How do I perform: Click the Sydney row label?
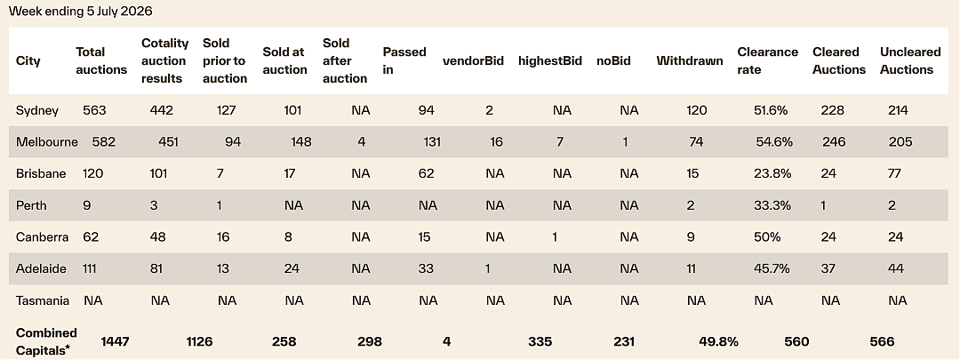tap(37, 111)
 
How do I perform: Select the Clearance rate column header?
tap(767, 60)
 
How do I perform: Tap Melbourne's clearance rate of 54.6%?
tap(774, 142)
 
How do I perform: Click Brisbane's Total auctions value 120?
tap(93, 174)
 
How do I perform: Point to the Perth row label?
tap(31, 205)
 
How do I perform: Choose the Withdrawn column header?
tap(690, 60)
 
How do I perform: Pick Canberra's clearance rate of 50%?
tap(767, 237)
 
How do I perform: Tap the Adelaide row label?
tap(41, 268)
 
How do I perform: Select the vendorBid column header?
tap(473, 60)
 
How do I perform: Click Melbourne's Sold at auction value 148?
tap(300, 142)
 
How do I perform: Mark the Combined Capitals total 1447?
tap(115, 341)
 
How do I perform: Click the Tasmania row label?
tap(43, 300)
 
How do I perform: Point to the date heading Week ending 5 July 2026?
tap(80, 11)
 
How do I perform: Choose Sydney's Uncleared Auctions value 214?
tap(898, 111)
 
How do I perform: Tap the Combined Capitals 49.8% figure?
tap(719, 341)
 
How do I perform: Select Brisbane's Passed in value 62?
tap(427, 174)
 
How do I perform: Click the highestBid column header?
tap(550, 60)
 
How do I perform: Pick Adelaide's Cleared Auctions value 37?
tap(828, 268)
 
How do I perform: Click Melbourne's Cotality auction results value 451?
tap(168, 142)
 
